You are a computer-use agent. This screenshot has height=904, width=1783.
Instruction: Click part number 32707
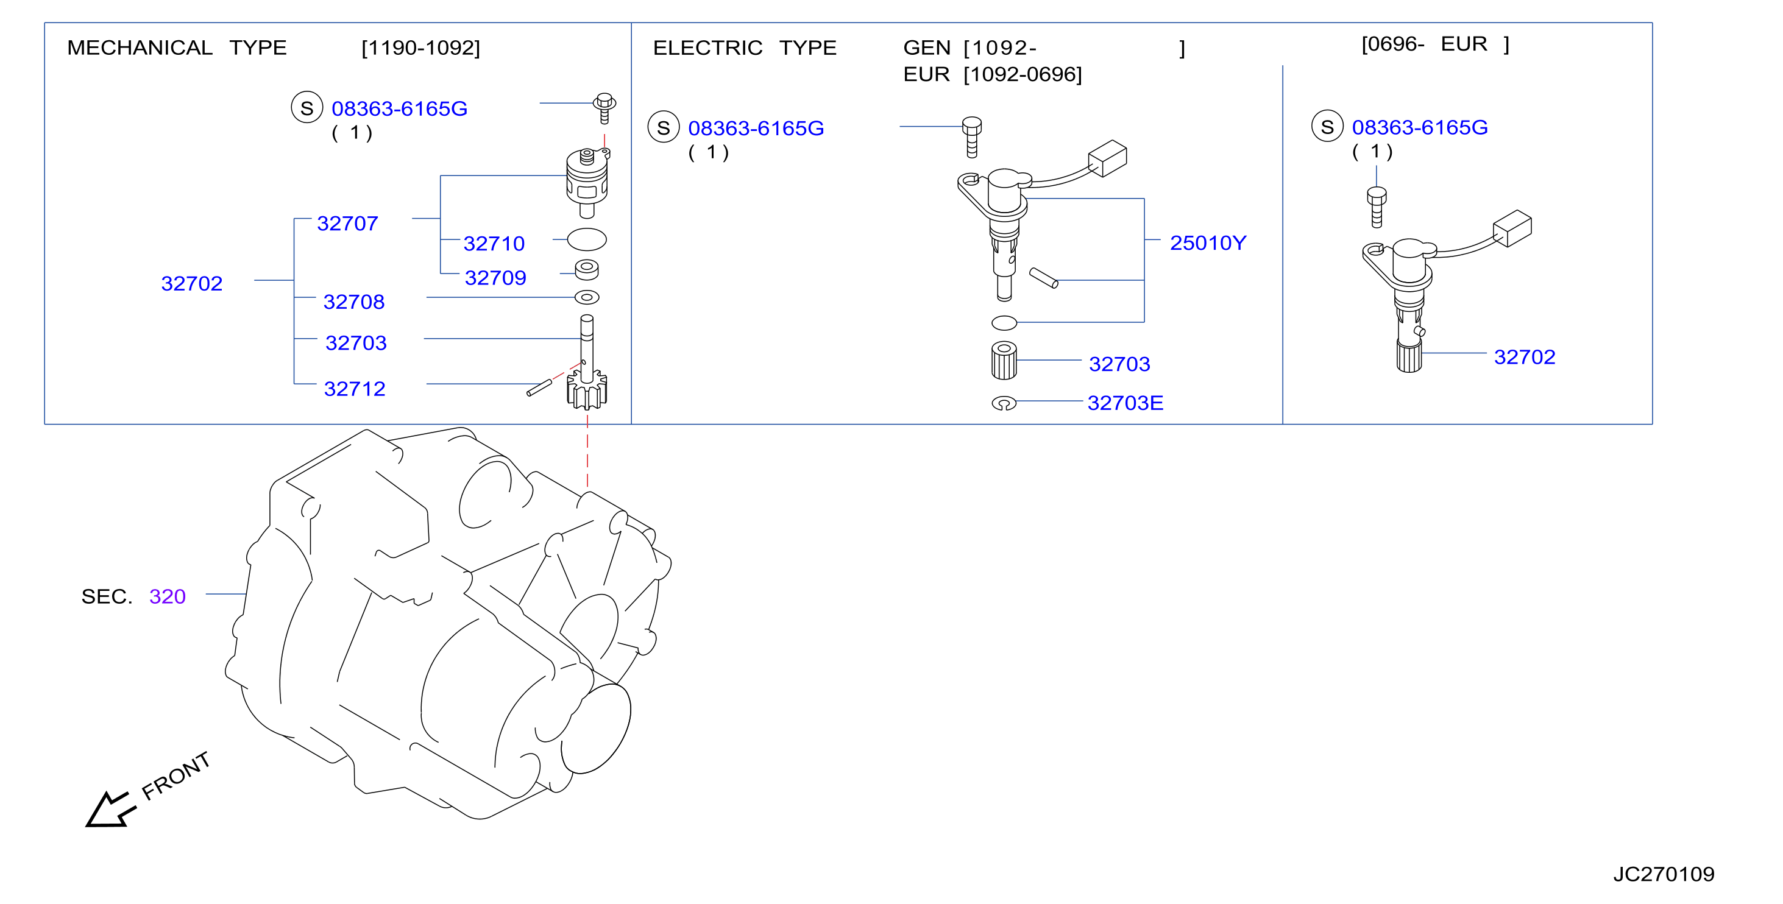point(347,224)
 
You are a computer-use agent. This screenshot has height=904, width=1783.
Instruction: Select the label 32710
point(494,244)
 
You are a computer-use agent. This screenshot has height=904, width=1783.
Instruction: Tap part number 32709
point(495,278)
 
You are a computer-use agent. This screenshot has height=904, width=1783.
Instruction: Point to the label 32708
point(353,302)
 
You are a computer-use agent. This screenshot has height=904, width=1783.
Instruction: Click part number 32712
point(355,389)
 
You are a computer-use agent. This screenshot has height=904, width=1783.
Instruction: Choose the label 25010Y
point(1208,243)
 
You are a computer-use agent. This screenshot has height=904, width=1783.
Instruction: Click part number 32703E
point(1125,403)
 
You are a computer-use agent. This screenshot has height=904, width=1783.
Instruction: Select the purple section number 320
point(168,596)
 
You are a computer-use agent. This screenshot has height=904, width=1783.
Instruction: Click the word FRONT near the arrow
point(176,775)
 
